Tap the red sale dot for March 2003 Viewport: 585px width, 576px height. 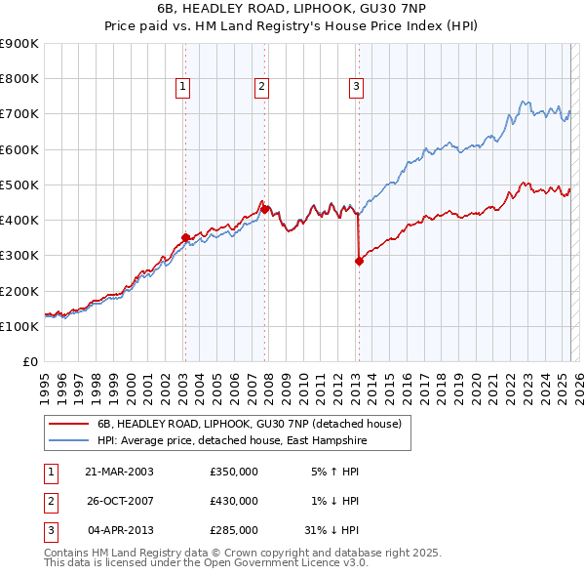pos(185,237)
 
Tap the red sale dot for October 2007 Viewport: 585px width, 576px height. pos(265,209)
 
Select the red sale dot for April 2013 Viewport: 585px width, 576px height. pos(359,261)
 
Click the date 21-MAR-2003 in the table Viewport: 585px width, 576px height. pos(120,471)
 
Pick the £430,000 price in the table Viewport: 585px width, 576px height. pos(234,501)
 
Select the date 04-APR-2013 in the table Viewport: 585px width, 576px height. pos(121,530)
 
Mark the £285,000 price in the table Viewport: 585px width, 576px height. pos(234,530)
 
